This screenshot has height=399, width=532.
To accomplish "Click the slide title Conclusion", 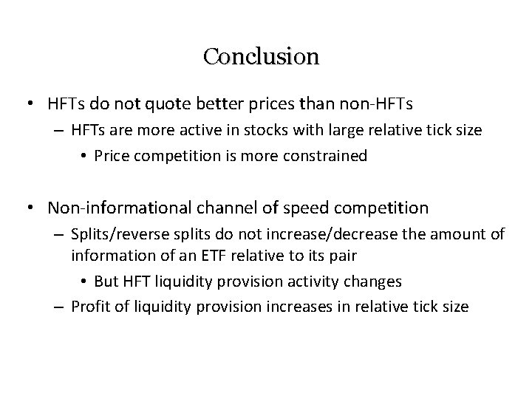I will (261, 56).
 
